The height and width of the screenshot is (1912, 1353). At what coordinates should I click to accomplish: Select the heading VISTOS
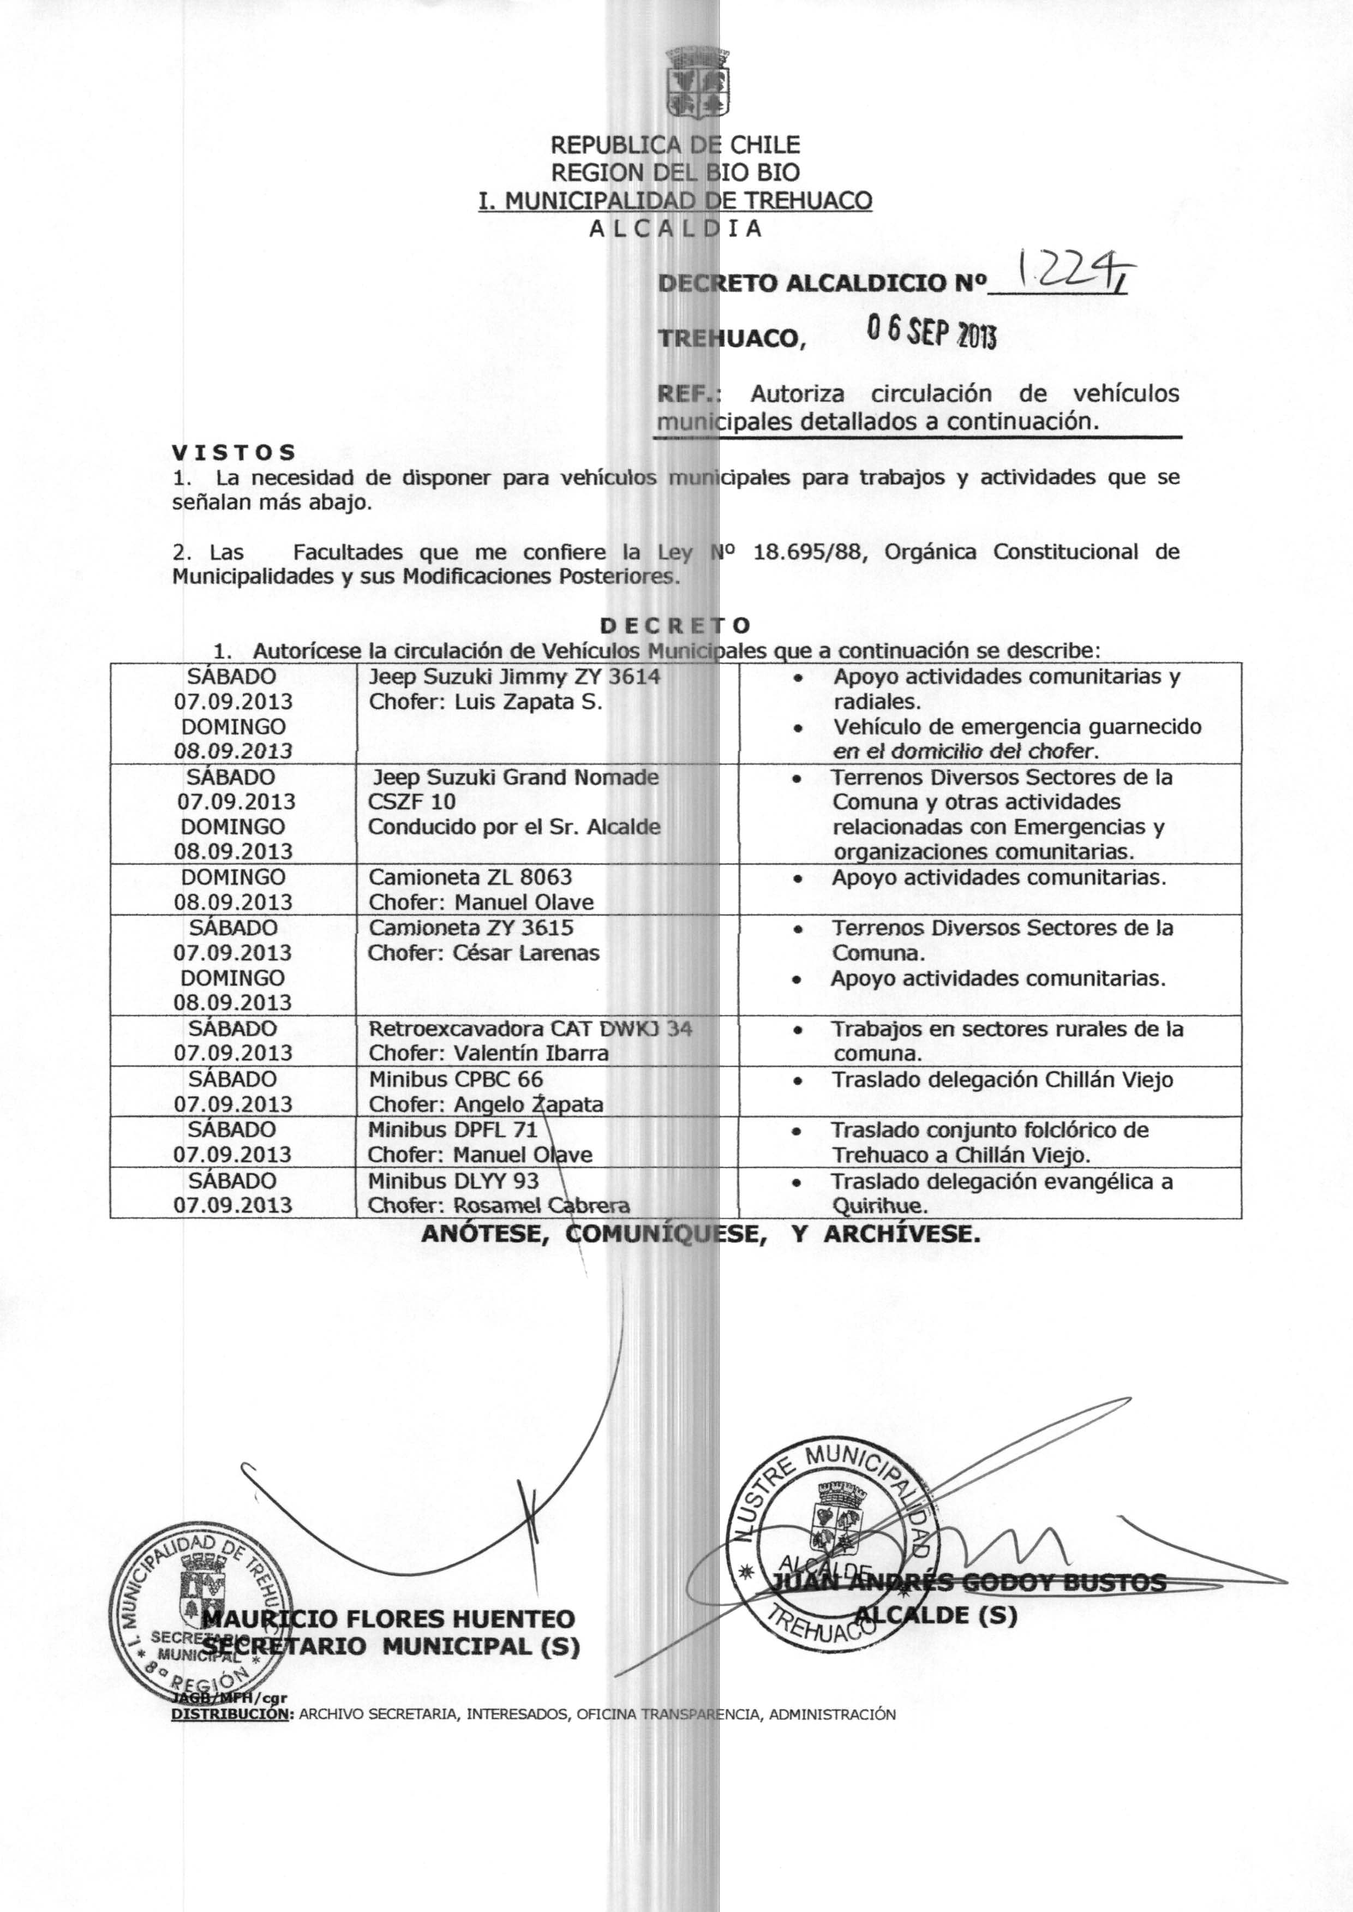234,452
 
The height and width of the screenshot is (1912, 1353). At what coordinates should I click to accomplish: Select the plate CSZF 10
412,802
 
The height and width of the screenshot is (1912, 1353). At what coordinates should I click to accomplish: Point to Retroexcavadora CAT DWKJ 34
530,1029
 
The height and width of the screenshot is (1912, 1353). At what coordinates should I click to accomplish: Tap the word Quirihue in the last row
878,1206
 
